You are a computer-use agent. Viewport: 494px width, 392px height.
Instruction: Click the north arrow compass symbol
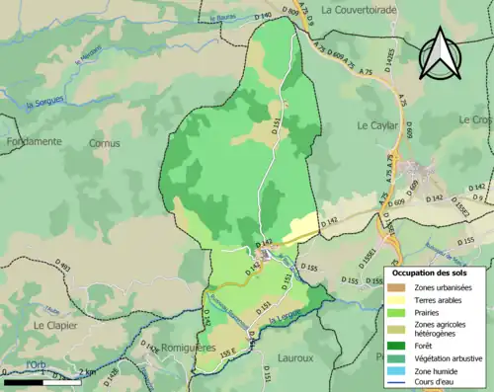click(441, 53)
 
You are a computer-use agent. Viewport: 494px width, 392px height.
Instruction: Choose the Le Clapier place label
click(53, 324)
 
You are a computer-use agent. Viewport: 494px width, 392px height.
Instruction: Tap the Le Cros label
click(475, 118)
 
